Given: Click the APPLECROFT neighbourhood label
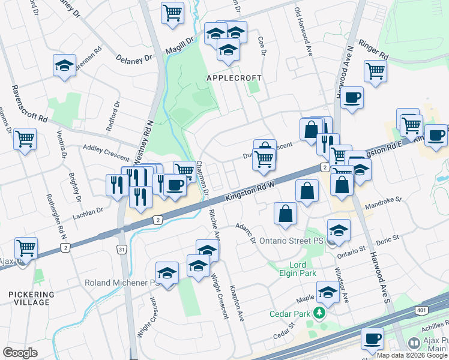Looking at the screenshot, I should (234, 79).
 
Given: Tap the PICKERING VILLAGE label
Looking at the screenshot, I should (31, 298).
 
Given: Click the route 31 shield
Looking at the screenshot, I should (122, 250).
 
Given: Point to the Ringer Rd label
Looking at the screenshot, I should (373, 50).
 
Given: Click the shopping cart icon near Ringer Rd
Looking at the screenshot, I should (375, 70).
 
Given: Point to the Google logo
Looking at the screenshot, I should (20, 353).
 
